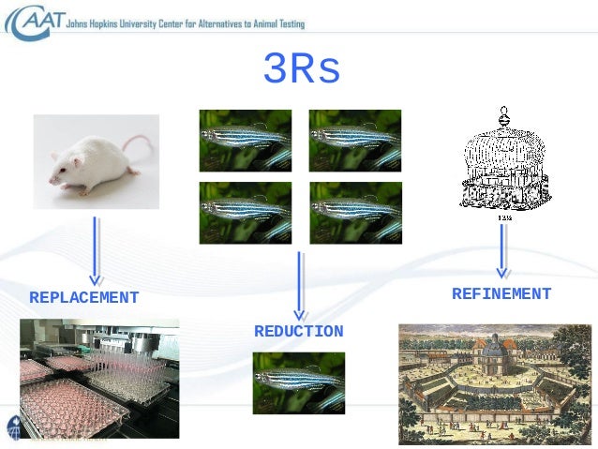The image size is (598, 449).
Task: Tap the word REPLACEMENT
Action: point(84,298)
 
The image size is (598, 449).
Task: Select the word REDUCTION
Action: point(298,332)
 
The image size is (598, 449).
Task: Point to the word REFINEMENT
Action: point(501,294)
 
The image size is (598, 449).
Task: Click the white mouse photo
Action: point(96,155)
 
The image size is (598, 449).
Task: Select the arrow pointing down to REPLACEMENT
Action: point(95,250)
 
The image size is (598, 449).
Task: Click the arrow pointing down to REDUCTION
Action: point(299,285)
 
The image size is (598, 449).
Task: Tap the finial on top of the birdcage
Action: point(504,116)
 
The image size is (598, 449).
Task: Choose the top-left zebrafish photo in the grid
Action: point(245,140)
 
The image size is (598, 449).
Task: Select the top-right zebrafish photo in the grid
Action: point(355,140)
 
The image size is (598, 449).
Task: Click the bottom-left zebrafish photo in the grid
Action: point(245,212)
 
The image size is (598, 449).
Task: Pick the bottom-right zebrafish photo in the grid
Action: point(355,212)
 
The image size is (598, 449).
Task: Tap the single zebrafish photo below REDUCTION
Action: point(298,382)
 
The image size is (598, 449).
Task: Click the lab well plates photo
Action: point(98,378)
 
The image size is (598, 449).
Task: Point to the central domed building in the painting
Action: point(495,356)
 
